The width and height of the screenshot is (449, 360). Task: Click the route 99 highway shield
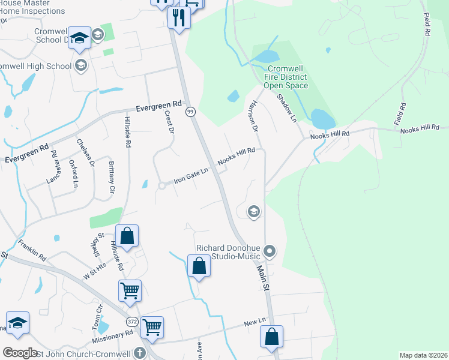(190, 112)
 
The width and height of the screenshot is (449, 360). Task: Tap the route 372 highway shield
(131, 322)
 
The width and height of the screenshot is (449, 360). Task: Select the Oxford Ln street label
(74, 173)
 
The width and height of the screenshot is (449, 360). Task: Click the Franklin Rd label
(32, 249)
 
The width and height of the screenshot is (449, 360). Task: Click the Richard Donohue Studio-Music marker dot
(270, 251)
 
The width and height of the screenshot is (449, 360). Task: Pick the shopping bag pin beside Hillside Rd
(127, 236)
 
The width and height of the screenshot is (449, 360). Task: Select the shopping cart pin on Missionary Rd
(152, 328)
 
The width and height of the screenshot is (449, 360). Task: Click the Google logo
(20, 353)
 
